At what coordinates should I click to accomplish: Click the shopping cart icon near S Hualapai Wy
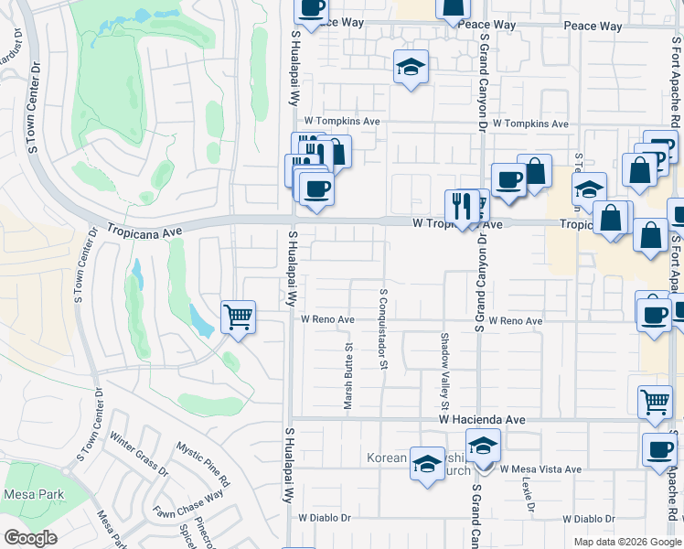tap(238, 318)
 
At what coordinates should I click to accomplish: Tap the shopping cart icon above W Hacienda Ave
tap(655, 402)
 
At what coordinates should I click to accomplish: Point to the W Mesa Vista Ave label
tap(540, 469)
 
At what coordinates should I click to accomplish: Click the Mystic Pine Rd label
tap(203, 464)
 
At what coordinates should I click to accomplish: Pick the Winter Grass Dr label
tap(138, 456)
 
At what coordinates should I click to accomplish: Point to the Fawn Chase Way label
tap(188, 504)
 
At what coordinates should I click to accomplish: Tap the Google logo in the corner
tap(29, 538)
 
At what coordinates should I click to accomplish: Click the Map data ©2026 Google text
tap(627, 542)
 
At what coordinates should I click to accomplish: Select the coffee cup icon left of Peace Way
tap(311, 9)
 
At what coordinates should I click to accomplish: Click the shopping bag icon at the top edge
tap(452, 9)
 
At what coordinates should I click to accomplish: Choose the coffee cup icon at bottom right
tap(658, 448)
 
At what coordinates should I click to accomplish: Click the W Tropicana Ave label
tap(457, 223)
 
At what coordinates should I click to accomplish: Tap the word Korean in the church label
tap(385, 457)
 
